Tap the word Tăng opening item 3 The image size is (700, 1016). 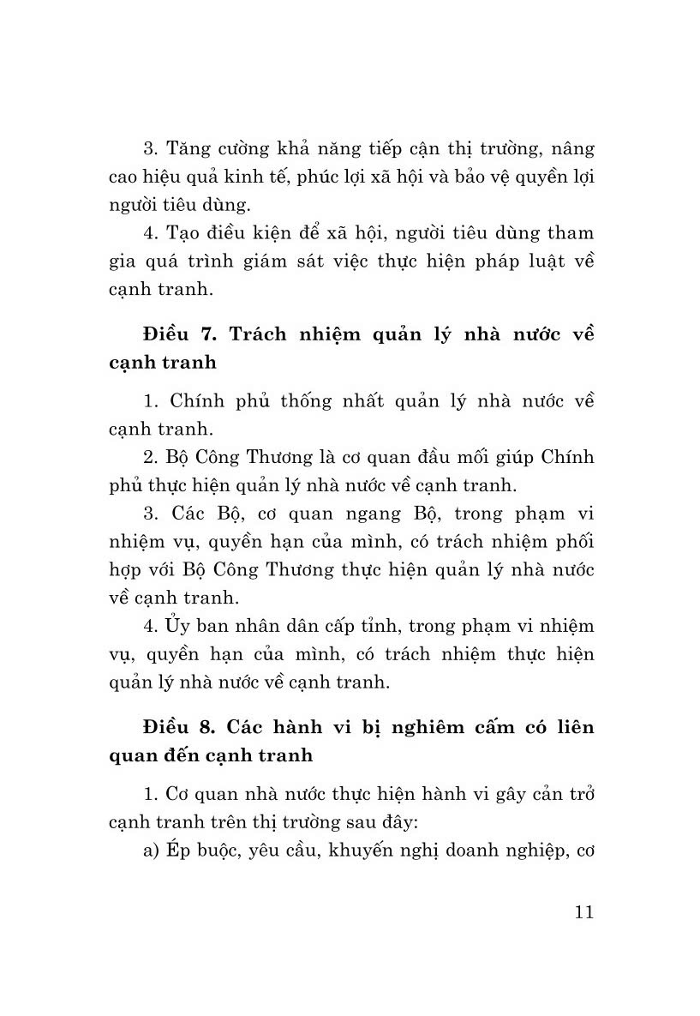188,149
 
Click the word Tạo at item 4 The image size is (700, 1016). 183,233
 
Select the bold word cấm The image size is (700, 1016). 506,727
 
